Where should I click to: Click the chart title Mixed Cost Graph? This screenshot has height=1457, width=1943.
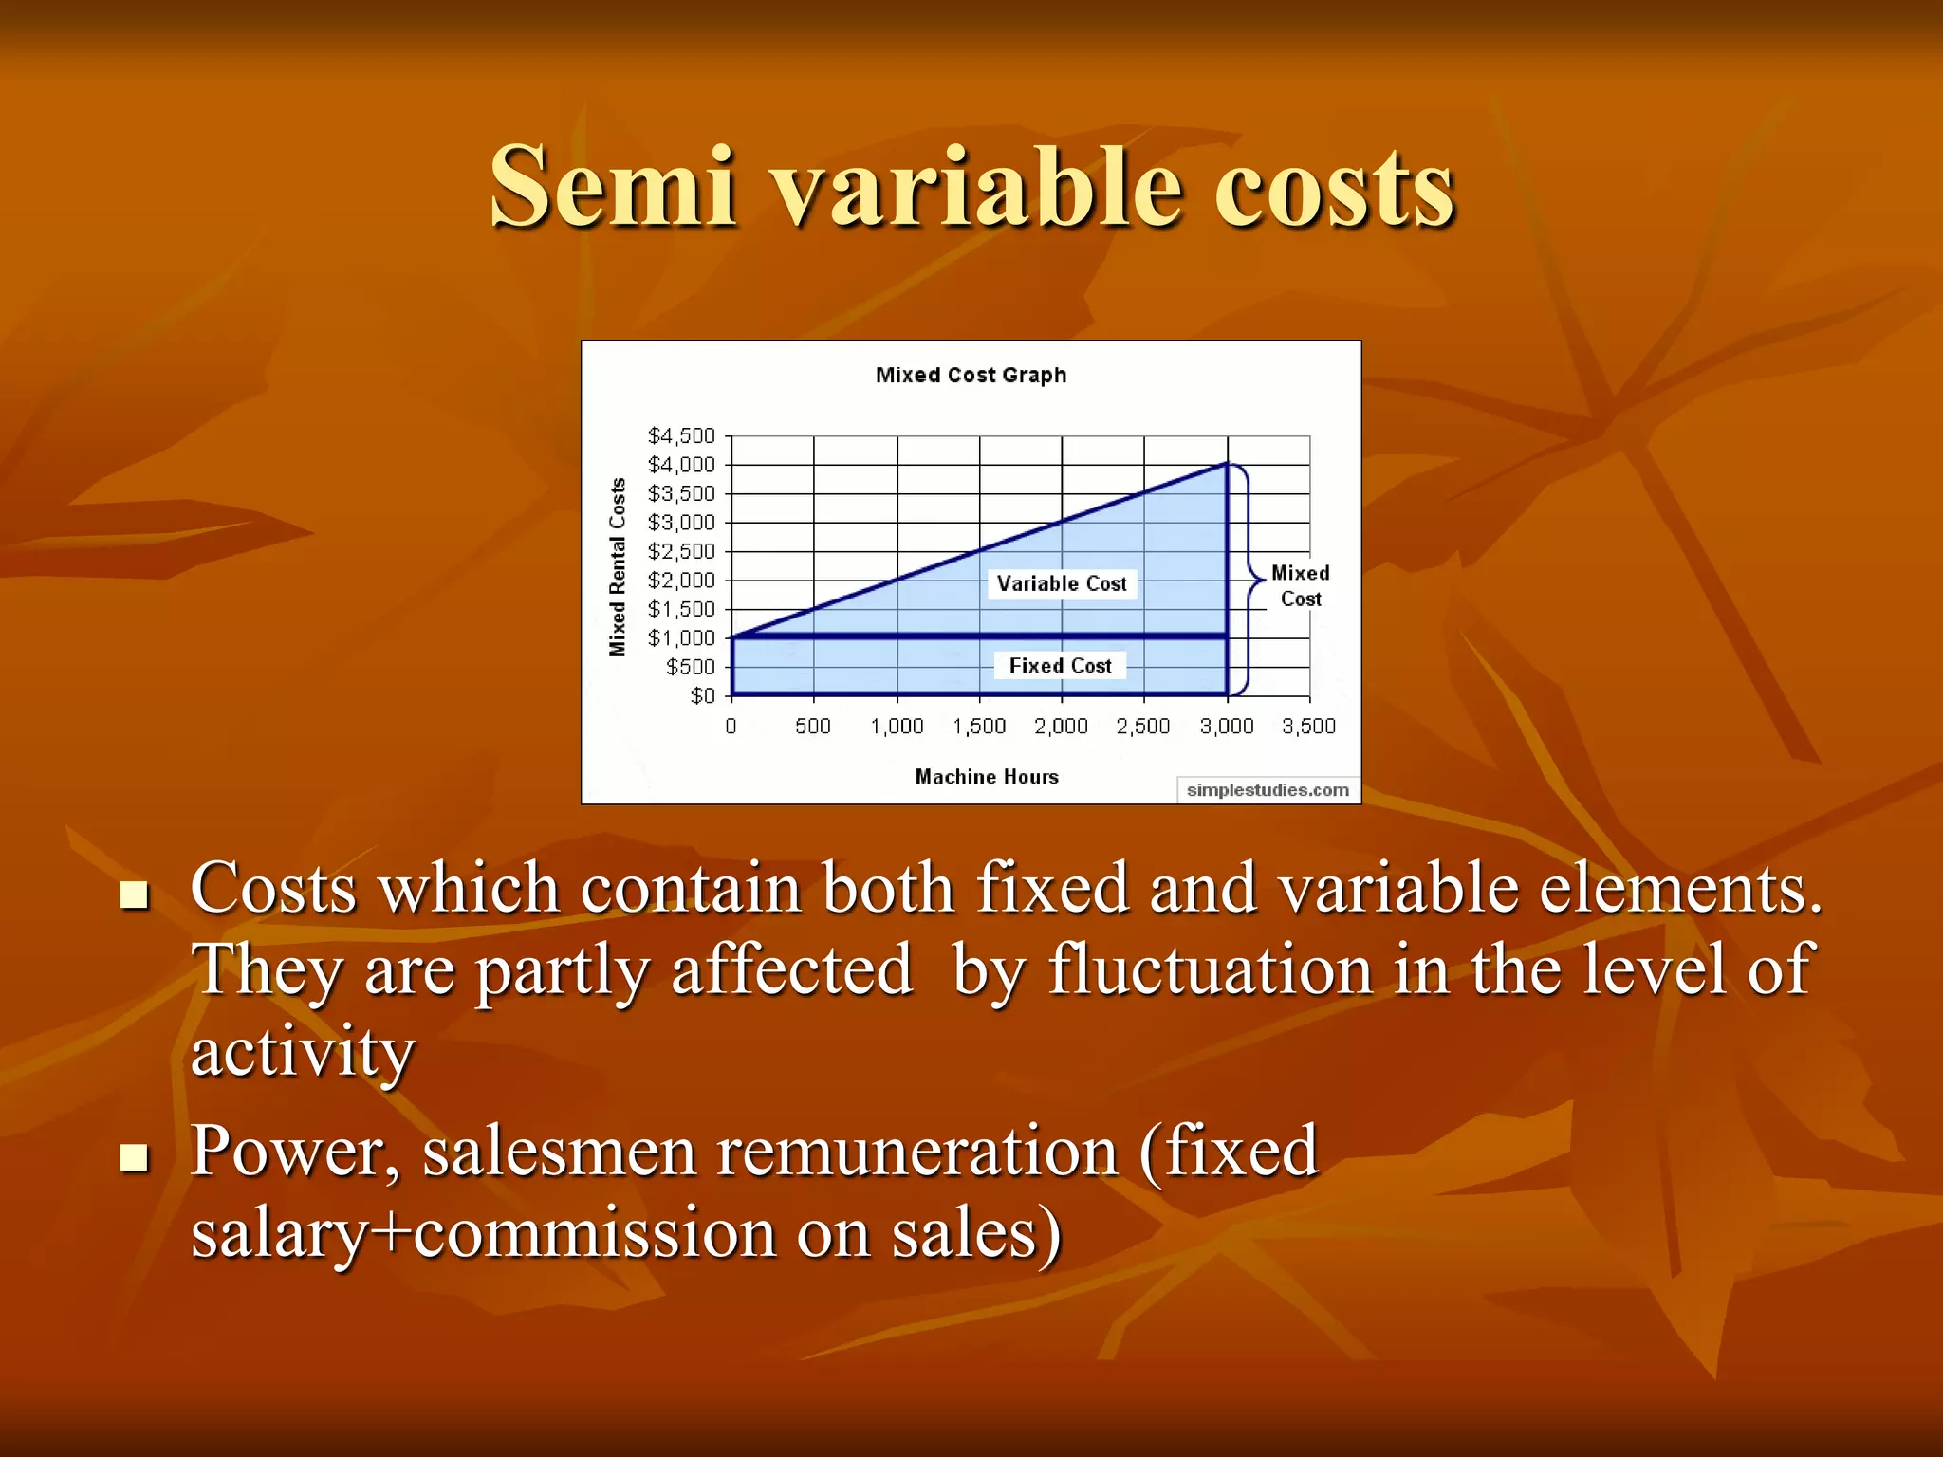click(x=971, y=375)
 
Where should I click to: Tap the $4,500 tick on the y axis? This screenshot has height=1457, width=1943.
click(x=680, y=435)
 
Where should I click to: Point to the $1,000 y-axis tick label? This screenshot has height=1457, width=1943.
click(x=680, y=638)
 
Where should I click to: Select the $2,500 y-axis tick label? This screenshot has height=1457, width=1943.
click(x=680, y=551)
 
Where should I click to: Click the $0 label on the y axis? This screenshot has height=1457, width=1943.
click(x=702, y=696)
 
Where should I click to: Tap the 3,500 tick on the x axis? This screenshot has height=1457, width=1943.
click(x=1308, y=727)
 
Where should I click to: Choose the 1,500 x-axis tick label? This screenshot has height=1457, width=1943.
click(x=979, y=727)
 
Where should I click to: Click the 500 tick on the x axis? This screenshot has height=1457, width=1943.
click(x=812, y=727)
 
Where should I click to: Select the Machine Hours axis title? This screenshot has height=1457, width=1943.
click(x=987, y=777)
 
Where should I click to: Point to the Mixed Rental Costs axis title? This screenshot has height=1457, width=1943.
click(x=618, y=567)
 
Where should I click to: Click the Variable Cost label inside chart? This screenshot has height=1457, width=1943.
click(x=1062, y=584)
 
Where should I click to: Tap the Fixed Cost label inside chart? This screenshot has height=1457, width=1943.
click(x=1060, y=666)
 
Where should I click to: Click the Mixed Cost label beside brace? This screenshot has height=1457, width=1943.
click(x=1300, y=585)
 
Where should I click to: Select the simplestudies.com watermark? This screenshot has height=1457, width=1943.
click(x=1268, y=790)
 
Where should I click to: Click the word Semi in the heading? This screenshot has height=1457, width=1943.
click(x=613, y=187)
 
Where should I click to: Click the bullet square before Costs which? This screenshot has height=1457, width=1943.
click(x=135, y=894)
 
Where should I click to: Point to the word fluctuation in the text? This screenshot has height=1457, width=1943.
click(x=1210, y=969)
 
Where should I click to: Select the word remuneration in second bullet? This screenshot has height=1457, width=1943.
click(x=917, y=1151)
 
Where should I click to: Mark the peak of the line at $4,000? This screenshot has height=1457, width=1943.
click(x=1228, y=464)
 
